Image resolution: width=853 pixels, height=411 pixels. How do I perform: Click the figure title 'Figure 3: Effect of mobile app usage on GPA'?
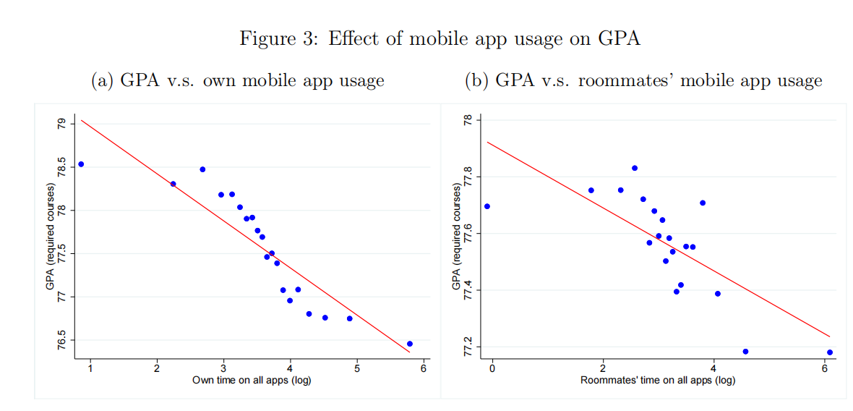point(440,38)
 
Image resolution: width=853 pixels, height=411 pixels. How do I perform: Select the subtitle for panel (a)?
point(237,80)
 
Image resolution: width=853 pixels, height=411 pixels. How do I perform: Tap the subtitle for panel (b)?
point(643,80)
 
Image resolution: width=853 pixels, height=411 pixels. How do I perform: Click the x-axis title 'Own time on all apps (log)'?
point(252,380)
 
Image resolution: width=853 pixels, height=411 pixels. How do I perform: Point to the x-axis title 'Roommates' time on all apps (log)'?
point(658,380)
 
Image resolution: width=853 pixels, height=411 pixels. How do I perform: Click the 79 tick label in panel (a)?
point(61,124)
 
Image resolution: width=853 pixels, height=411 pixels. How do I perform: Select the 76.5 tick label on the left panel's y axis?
point(61,339)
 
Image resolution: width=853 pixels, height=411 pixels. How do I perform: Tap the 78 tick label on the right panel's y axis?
point(468,119)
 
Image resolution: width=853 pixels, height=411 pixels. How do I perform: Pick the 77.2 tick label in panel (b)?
point(468,347)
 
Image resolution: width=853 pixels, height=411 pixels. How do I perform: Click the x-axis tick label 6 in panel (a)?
point(424,369)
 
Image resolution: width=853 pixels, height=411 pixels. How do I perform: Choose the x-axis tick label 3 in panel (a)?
point(223,369)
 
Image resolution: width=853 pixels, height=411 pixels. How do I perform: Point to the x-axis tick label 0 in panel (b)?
point(492,369)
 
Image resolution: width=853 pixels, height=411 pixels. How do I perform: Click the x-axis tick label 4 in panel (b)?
point(713,369)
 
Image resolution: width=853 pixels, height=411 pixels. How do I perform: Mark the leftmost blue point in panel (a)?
point(81,164)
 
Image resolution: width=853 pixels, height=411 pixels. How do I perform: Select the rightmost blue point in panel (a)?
point(410,344)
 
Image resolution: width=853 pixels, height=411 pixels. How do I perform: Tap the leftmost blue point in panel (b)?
point(487,206)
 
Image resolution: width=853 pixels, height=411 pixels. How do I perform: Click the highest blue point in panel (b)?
point(635,168)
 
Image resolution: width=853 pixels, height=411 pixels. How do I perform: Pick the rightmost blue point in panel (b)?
point(830,352)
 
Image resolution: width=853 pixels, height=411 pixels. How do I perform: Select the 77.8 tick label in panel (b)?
point(468,177)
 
